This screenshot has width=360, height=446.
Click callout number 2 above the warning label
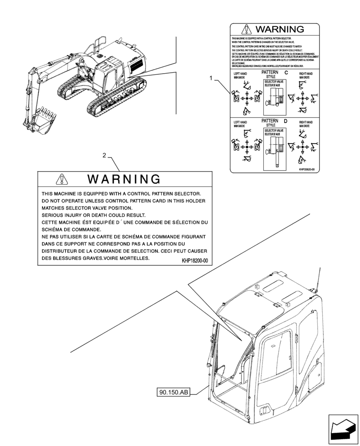coord(104,156)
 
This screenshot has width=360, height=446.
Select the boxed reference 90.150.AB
coord(173,392)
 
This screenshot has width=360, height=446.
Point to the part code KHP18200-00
coord(195,260)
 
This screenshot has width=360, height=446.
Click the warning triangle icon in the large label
coord(61,180)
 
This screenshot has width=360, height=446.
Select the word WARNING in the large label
coord(123,180)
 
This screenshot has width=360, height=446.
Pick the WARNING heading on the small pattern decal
coord(279,30)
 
